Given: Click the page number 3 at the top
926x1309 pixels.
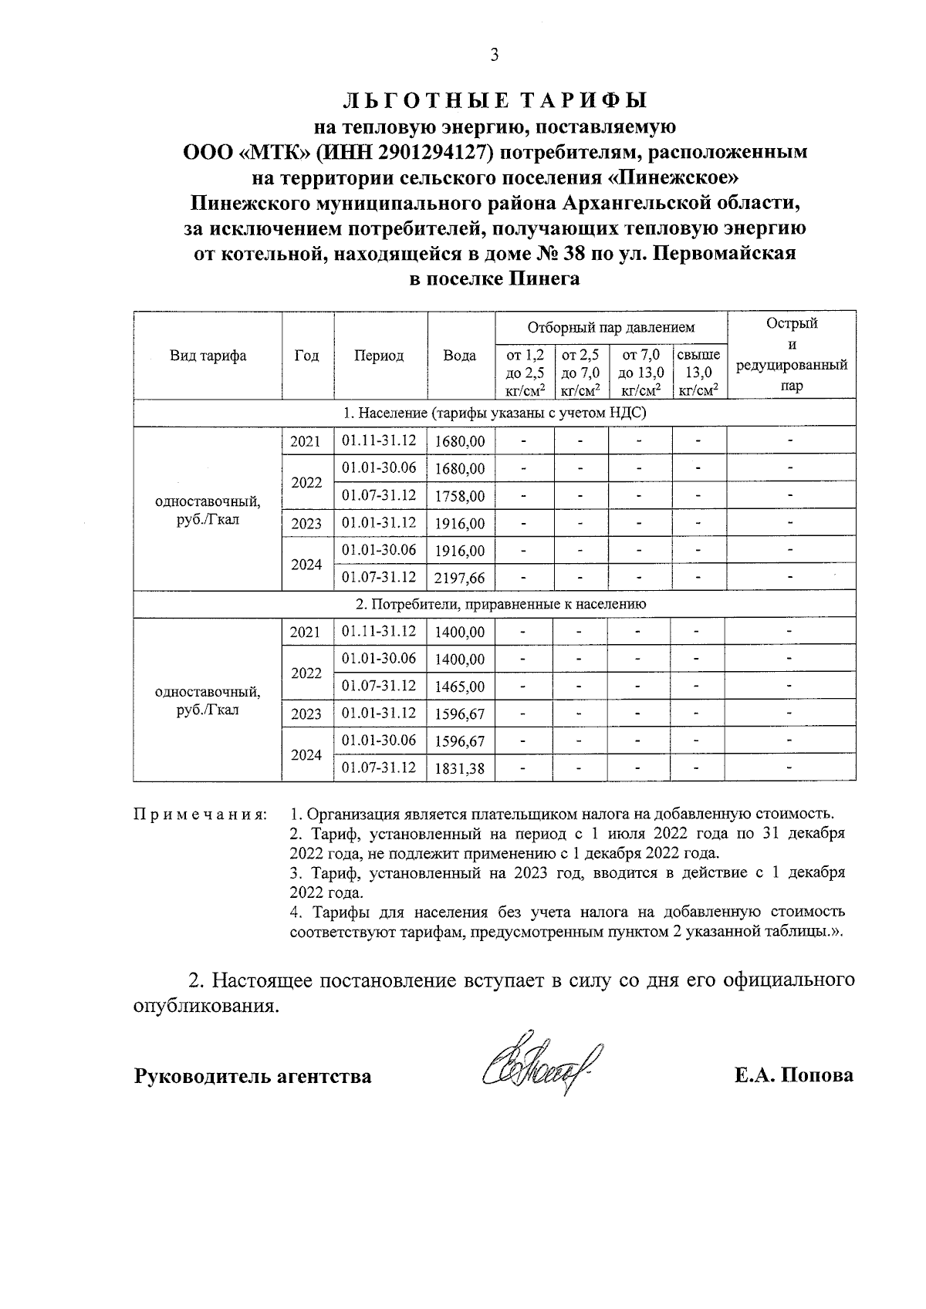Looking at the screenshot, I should [x=495, y=55].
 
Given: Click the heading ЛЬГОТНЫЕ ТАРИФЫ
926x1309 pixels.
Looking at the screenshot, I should [x=495, y=100].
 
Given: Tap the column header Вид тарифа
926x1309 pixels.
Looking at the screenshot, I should [x=208, y=356].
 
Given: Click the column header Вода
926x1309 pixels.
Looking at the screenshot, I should [x=460, y=356].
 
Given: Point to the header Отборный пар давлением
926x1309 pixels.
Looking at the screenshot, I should [x=610, y=328].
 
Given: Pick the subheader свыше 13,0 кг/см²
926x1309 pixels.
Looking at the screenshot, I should [x=698, y=372].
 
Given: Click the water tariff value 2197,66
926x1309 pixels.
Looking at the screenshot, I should [x=460, y=578].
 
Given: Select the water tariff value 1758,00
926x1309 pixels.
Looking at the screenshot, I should [x=460, y=496].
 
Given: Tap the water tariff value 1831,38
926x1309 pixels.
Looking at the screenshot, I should [x=460, y=768].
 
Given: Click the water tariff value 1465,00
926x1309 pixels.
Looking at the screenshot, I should [x=460, y=687].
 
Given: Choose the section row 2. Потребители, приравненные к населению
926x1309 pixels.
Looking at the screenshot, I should [x=495, y=605].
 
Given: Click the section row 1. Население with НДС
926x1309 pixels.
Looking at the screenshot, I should [x=495, y=413].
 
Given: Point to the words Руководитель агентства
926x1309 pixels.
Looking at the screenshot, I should [x=252, y=1076].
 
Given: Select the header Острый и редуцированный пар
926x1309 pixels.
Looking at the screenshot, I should [x=791, y=355].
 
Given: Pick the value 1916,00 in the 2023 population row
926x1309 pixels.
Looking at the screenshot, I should [x=460, y=524].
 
